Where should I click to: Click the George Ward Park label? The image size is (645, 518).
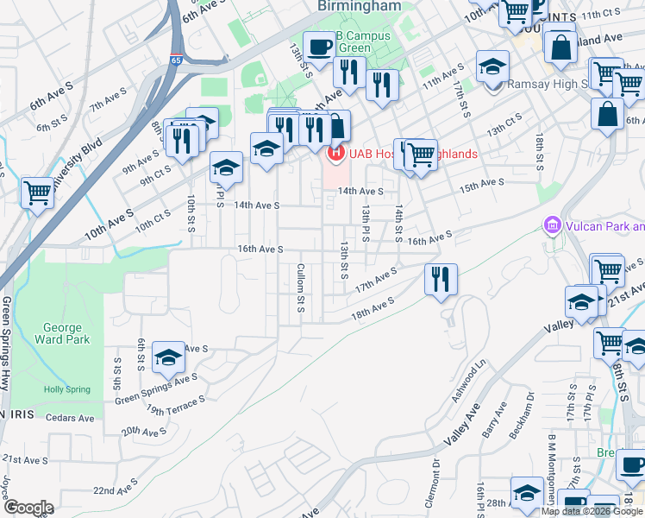pyautogui.click(x=62, y=333)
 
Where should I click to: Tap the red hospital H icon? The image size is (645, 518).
pyautogui.click(x=334, y=154)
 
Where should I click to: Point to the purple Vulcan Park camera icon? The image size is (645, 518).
pyautogui.click(x=553, y=225)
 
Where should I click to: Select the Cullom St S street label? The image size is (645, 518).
pyautogui.click(x=301, y=287)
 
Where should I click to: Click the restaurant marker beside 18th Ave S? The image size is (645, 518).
pyautogui.click(x=441, y=279)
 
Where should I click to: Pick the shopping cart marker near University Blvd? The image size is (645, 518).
pyautogui.click(x=38, y=193)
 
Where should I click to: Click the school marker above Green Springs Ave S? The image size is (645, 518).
pyautogui.click(x=168, y=357)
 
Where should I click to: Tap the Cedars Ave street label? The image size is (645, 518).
pyautogui.click(x=72, y=418)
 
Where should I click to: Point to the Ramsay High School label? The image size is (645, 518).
pyautogui.click(x=546, y=84)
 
